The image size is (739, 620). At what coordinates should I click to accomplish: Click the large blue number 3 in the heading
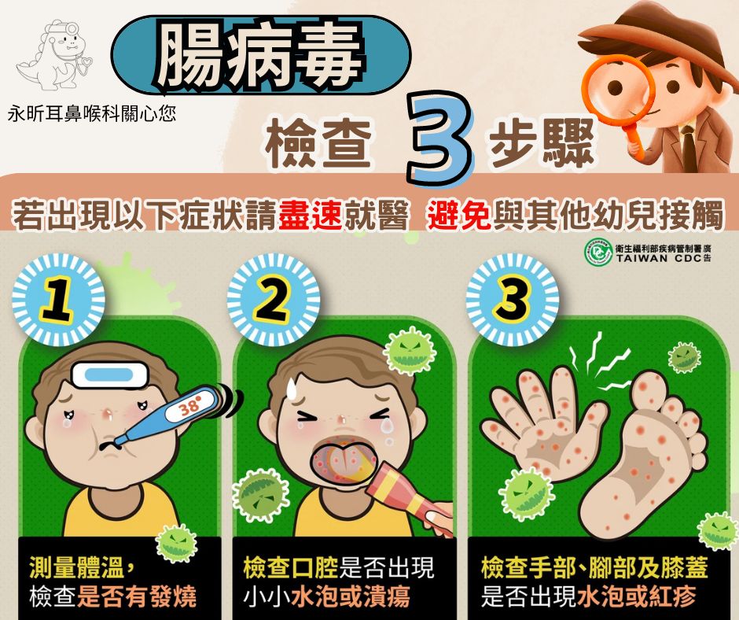pos(439,138)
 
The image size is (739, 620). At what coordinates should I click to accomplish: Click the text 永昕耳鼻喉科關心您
pos(92,114)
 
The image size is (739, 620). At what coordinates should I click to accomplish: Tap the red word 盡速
pos(310,215)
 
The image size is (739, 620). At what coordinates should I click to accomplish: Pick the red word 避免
pos(460,215)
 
